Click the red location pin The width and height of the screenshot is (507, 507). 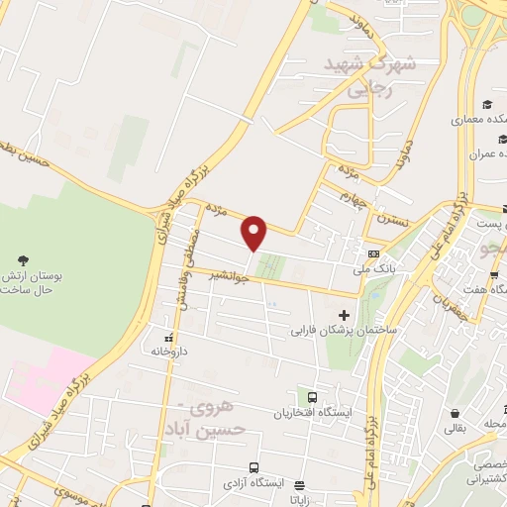tap(254, 233)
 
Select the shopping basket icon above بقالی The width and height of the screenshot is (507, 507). tap(455, 413)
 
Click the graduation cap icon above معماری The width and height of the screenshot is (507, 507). tap(486, 105)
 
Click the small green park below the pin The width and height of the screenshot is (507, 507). tap(269, 265)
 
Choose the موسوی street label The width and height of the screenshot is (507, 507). tap(61, 491)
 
